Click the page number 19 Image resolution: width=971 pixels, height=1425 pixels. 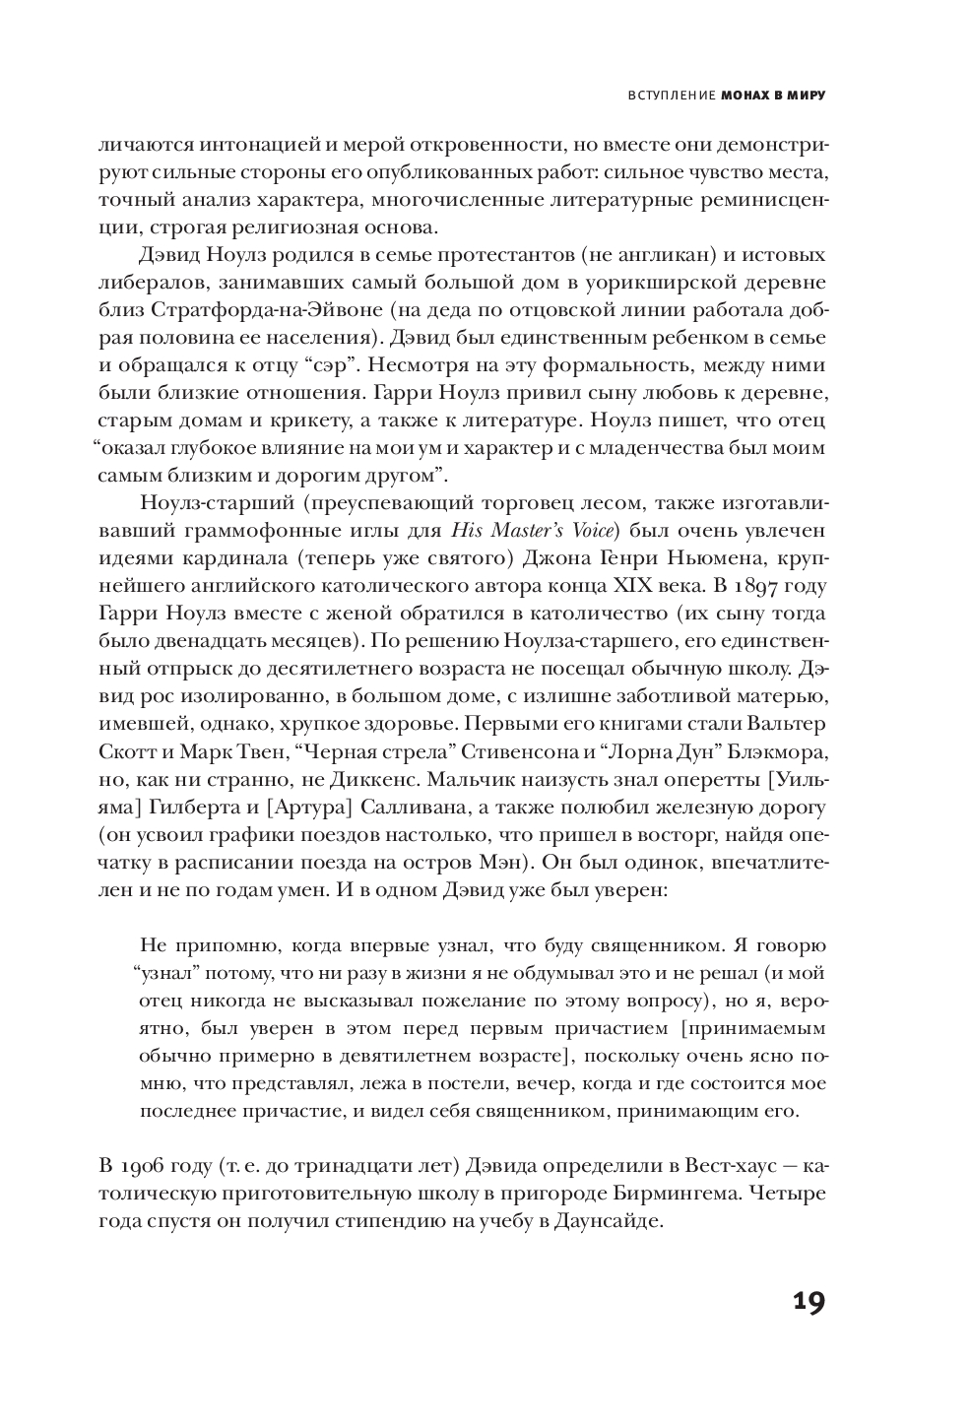808,1302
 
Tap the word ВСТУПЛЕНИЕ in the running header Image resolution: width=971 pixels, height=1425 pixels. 670,97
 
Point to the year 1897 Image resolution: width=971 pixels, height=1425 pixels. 775,585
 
